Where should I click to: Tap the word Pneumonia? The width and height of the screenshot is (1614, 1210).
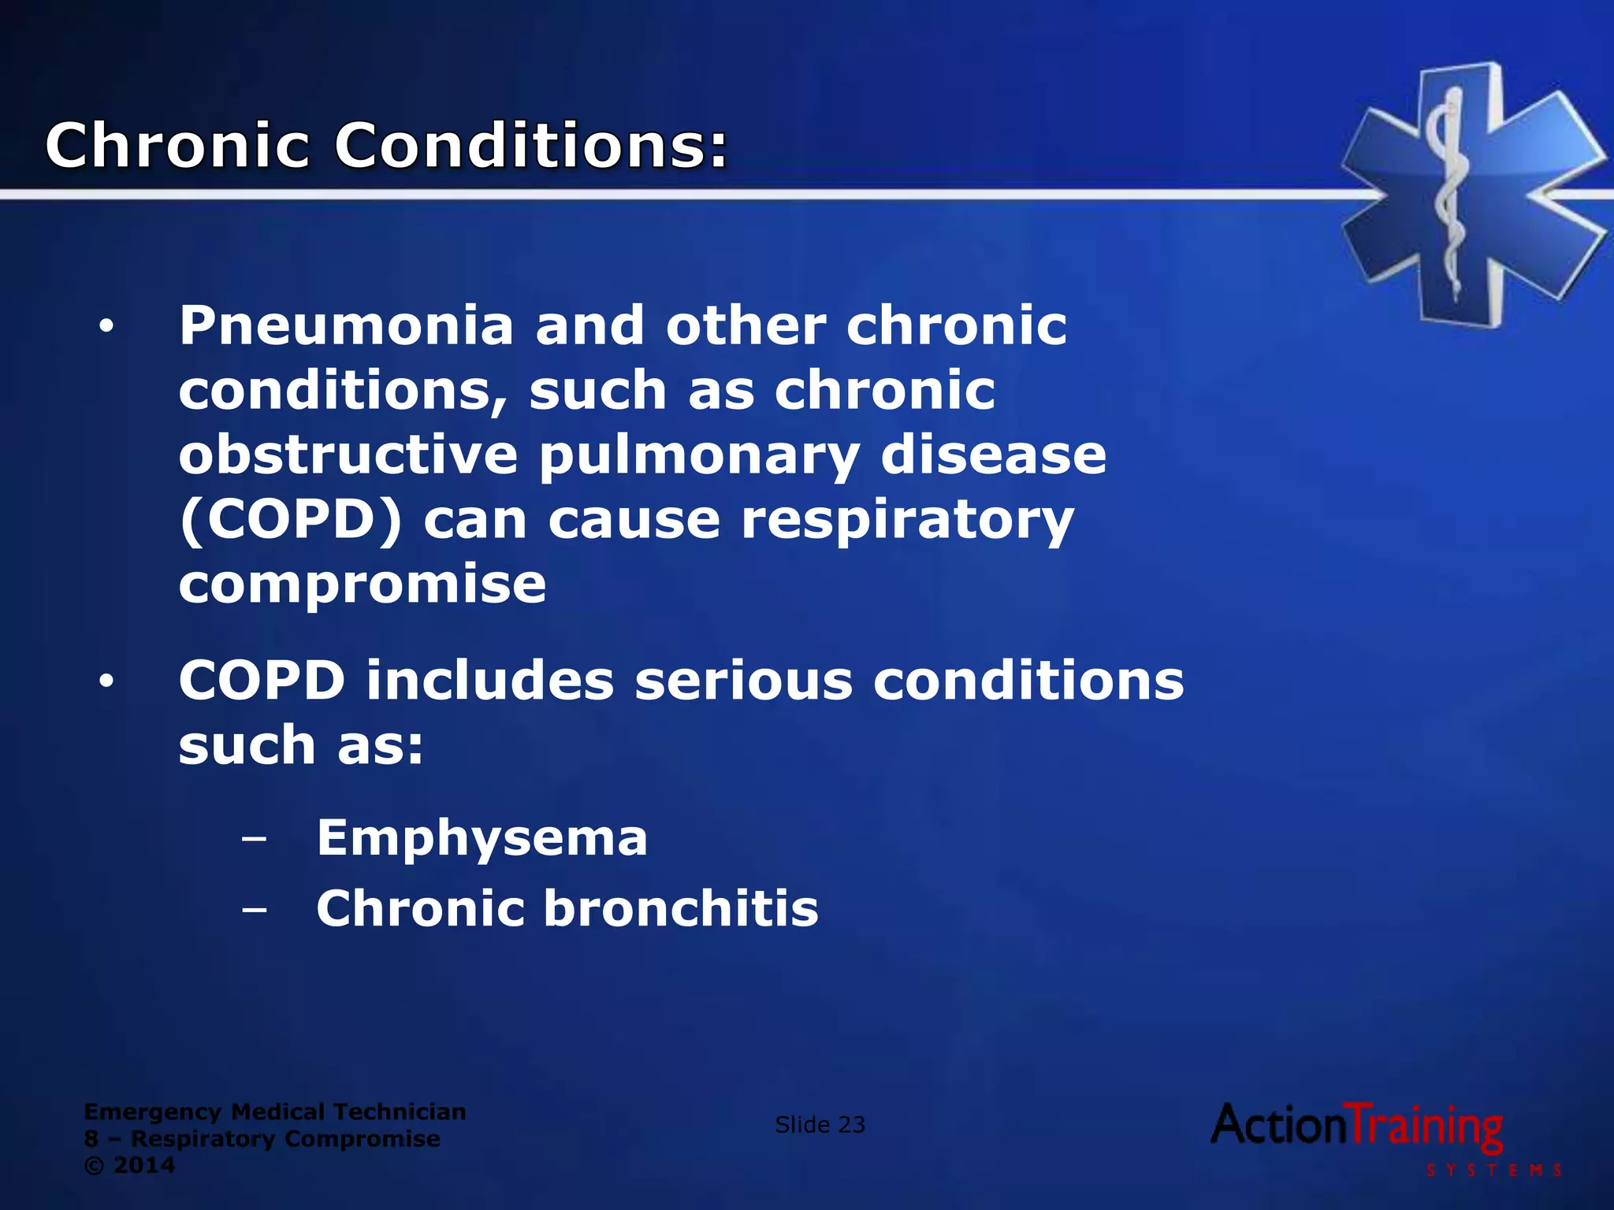tap(347, 326)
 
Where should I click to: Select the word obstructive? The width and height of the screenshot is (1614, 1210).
tap(348, 455)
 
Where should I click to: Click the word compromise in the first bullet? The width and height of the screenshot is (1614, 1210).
tap(363, 585)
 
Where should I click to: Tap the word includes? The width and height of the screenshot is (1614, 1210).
tap(489, 681)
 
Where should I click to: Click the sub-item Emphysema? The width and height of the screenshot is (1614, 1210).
tap(482, 838)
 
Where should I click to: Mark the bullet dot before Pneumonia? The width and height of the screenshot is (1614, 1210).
tap(106, 327)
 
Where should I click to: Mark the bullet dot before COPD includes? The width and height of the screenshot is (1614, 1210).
tap(106, 681)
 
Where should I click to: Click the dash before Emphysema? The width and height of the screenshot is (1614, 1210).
tap(254, 840)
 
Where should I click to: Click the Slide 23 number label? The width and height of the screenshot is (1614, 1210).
tap(820, 1125)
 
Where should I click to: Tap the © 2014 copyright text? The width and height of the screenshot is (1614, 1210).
tap(129, 1165)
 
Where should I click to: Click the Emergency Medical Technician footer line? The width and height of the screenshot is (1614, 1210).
tap(275, 1112)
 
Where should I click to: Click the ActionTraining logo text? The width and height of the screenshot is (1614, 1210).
tap(1356, 1126)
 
